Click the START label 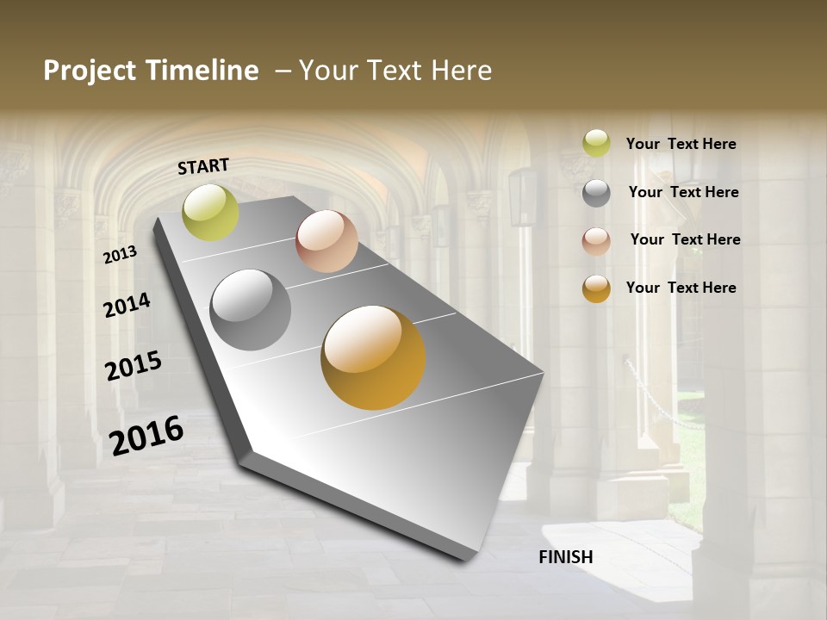click(203, 166)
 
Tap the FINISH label click(566, 557)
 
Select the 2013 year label click(120, 254)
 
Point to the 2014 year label click(127, 305)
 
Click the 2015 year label click(134, 366)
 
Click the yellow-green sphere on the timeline click(210, 212)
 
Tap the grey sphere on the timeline click(251, 310)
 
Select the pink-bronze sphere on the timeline click(326, 241)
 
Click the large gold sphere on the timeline click(373, 357)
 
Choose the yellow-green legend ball click(596, 143)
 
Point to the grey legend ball click(596, 193)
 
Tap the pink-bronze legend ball click(596, 241)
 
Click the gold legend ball click(596, 288)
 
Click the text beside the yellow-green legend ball click(681, 144)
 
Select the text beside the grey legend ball click(683, 192)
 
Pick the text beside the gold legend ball click(681, 288)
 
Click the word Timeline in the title click(202, 71)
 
